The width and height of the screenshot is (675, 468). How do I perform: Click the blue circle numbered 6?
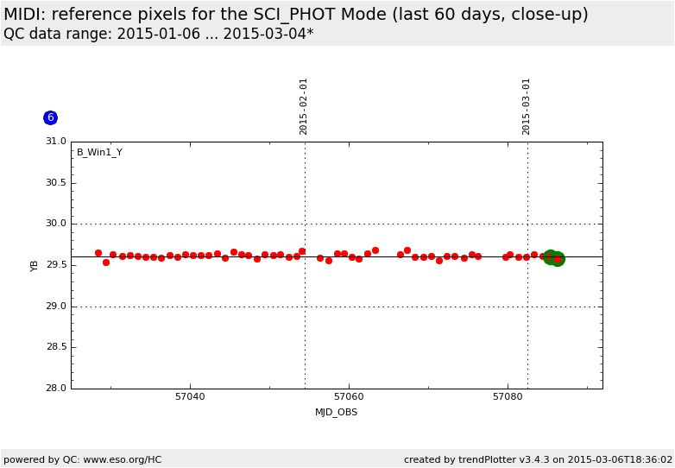(50, 117)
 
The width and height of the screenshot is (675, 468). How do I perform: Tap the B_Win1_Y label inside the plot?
(99, 153)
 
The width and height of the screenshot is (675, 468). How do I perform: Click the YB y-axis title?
(35, 265)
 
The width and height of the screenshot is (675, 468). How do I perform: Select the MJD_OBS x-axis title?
(336, 413)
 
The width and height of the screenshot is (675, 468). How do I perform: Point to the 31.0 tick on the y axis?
(55, 142)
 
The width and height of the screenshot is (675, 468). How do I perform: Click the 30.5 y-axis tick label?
(55, 183)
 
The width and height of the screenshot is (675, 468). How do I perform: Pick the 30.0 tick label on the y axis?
(55, 224)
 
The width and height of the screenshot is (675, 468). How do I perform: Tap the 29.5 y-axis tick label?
(55, 265)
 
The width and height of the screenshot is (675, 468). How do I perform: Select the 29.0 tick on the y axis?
(55, 307)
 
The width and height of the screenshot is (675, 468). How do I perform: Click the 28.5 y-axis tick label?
(55, 347)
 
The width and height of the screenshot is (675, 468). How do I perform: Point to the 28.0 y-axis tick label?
(55, 389)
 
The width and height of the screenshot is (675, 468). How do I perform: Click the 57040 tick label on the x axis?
(190, 397)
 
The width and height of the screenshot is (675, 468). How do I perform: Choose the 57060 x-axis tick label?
(349, 397)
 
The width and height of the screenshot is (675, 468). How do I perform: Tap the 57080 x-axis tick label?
(508, 397)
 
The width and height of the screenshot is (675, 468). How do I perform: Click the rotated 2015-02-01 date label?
(304, 106)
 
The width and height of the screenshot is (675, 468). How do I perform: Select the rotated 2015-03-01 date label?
(527, 106)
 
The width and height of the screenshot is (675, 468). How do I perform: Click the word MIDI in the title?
(23, 15)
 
